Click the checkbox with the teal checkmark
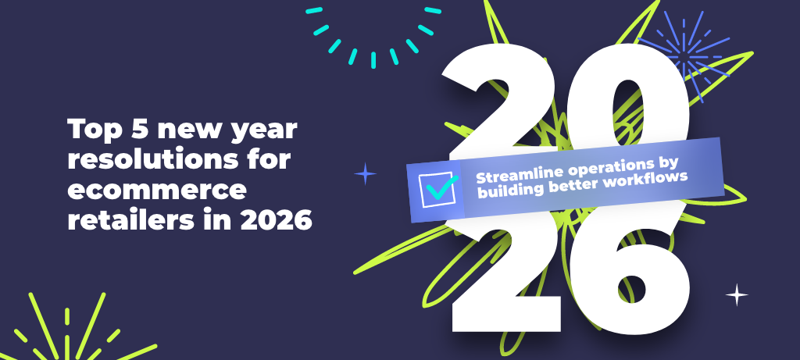437,190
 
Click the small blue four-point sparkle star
366,174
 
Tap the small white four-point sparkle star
737,294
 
